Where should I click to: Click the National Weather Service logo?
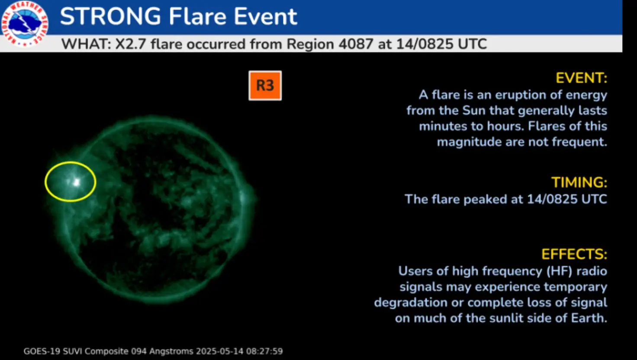click(x=24, y=23)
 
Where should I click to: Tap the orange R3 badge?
click(x=265, y=86)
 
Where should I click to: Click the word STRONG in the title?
click(x=110, y=16)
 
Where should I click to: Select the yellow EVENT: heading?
click(x=581, y=78)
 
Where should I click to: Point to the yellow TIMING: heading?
click(x=579, y=182)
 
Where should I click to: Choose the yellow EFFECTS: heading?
click(x=574, y=254)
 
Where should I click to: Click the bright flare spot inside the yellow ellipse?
click(x=77, y=182)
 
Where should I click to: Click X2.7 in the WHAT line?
click(x=130, y=44)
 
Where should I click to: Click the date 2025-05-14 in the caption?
click(x=219, y=351)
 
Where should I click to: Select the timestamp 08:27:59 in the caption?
click(x=264, y=351)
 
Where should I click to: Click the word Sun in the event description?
click(x=474, y=110)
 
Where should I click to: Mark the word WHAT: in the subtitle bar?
click(x=86, y=44)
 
